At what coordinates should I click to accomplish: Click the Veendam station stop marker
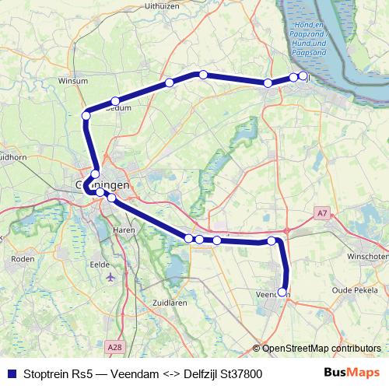click(x=282, y=293)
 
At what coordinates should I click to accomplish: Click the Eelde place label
click(x=100, y=264)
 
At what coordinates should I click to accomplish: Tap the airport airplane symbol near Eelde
click(x=109, y=276)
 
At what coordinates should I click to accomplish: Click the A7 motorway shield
click(x=322, y=212)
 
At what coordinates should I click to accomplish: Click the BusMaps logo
click(x=352, y=373)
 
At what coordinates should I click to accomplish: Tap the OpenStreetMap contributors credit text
click(x=318, y=349)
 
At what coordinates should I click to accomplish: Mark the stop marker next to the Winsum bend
click(x=86, y=115)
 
